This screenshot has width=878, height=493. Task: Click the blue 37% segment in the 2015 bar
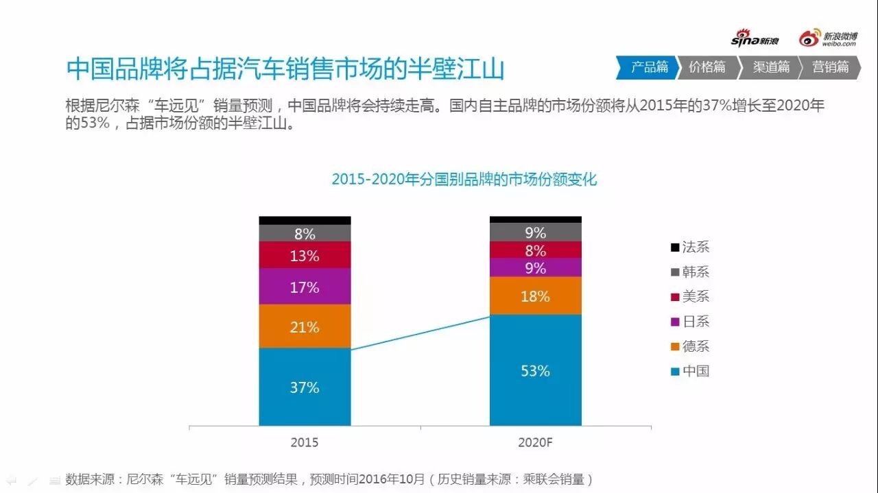pyautogui.click(x=305, y=387)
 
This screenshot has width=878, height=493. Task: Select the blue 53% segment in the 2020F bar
pyautogui.click(x=535, y=370)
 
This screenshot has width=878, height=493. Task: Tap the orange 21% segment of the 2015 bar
pyautogui.click(x=305, y=326)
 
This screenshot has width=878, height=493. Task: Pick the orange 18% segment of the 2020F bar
pyautogui.click(x=535, y=296)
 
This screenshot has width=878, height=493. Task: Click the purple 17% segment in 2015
pyautogui.click(x=305, y=287)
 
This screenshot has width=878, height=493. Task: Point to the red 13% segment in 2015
pyautogui.click(x=305, y=255)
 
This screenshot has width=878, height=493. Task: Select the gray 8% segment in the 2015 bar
pyautogui.click(x=305, y=233)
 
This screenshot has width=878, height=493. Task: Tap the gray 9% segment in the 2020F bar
pyautogui.click(x=535, y=232)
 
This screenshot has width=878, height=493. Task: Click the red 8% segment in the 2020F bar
pyautogui.click(x=535, y=250)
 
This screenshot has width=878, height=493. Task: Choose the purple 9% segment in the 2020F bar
pyautogui.click(x=535, y=267)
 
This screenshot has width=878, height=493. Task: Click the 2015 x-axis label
pyautogui.click(x=305, y=442)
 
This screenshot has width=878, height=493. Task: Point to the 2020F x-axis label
pyautogui.click(x=535, y=442)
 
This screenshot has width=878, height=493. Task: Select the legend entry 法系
pyautogui.click(x=690, y=247)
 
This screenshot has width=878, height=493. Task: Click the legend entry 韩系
pyautogui.click(x=690, y=272)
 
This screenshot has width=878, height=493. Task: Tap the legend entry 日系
pyautogui.click(x=690, y=321)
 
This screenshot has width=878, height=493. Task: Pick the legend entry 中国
pyautogui.click(x=690, y=371)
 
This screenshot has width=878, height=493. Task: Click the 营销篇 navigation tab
pyautogui.click(x=830, y=67)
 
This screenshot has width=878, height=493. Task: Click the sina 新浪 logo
pyautogui.click(x=755, y=39)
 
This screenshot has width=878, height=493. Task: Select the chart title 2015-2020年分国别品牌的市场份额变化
pyautogui.click(x=464, y=180)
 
